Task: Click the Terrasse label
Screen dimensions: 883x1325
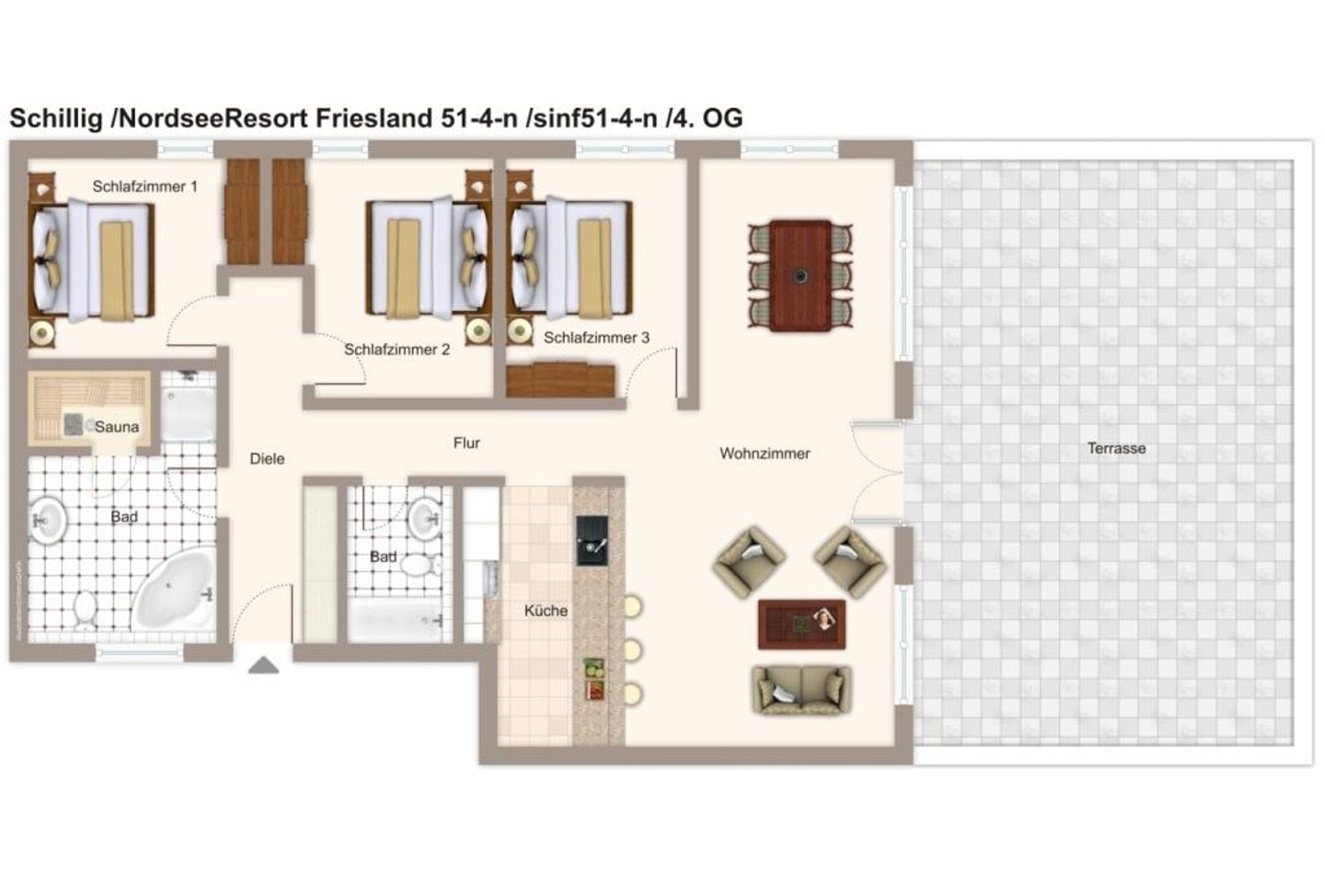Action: tap(1116, 448)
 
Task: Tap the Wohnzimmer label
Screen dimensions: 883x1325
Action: tap(765, 453)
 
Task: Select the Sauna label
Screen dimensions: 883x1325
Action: tap(117, 427)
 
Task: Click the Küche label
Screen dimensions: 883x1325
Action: tap(546, 611)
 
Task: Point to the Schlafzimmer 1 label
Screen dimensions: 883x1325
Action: tap(144, 187)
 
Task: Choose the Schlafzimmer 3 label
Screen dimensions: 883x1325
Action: tap(596, 338)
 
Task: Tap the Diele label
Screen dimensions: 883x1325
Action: tap(267, 458)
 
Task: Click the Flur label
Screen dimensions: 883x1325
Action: tap(467, 442)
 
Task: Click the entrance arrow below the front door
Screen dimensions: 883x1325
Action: tap(263, 665)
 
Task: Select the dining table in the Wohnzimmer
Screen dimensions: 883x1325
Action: tap(801, 275)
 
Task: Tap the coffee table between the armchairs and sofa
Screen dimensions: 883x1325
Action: tap(801, 623)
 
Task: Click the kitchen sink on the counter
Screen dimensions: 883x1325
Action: tap(592, 540)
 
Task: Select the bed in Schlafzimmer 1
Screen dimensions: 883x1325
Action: tap(92, 260)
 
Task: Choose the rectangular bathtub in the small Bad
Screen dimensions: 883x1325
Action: tap(396, 622)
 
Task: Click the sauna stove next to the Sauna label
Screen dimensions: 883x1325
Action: tap(73, 424)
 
